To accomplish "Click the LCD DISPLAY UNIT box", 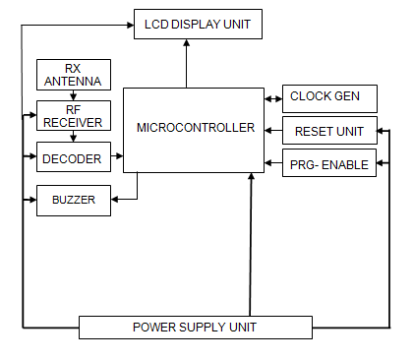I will (198, 23).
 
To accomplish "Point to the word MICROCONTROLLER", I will (195, 128).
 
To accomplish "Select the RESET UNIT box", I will (328, 131).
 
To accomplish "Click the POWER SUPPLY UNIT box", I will (195, 327).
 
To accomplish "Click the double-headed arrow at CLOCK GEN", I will (272, 97).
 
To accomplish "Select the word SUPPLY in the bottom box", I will (197, 327).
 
